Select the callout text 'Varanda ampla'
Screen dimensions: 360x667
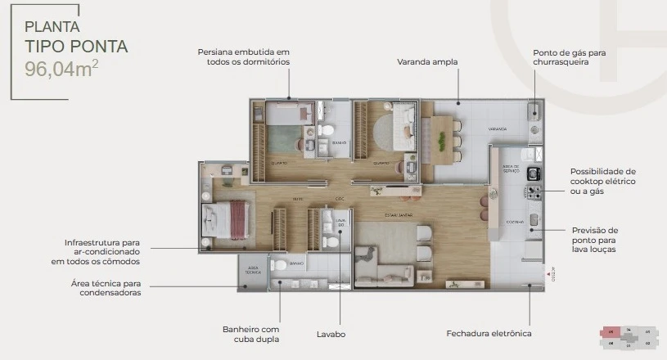[426, 61]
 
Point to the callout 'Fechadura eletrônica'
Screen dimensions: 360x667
[489, 334]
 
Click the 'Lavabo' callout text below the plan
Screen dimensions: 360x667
[331, 334]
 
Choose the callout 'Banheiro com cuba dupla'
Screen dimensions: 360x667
[250, 334]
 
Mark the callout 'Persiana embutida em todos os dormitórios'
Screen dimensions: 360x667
[243, 56]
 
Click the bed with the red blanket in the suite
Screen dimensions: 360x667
[227, 220]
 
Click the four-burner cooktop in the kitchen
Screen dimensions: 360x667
[534, 193]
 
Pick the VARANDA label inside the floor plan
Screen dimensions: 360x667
[497, 129]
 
